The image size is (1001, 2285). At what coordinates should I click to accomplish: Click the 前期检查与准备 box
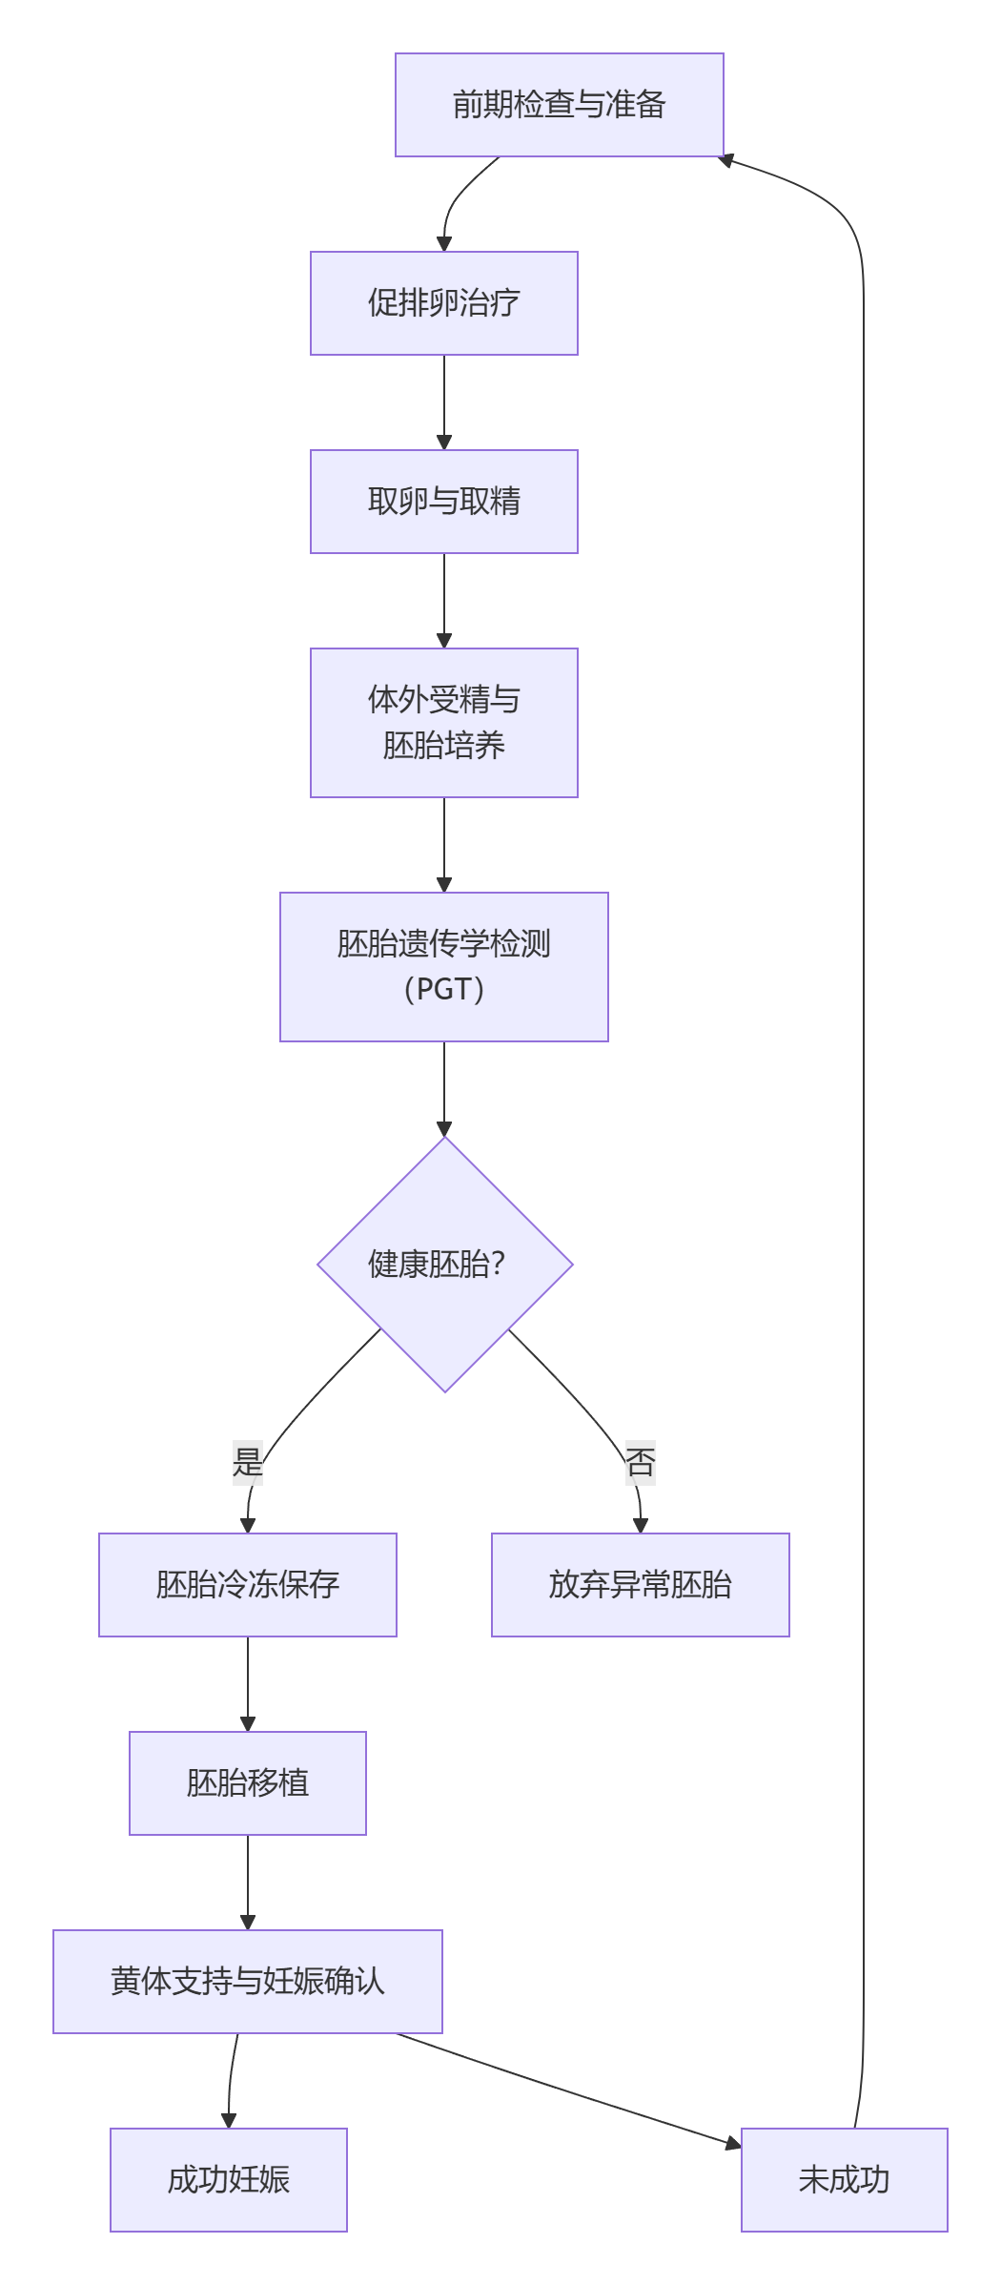point(559,105)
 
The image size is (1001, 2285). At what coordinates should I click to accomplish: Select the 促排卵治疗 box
point(443,303)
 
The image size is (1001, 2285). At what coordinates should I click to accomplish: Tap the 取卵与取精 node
point(443,502)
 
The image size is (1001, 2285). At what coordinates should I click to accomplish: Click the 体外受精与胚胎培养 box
point(443,723)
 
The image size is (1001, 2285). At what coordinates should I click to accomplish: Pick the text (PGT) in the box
point(443,989)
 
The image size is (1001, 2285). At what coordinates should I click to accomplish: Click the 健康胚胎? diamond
point(444,1265)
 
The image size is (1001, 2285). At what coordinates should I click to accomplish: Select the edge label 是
point(248,1462)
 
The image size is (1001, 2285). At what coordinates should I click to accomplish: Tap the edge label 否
point(640,1462)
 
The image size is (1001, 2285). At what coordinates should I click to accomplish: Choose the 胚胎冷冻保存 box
point(248,1585)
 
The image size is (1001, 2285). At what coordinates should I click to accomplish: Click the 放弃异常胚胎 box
point(640,1585)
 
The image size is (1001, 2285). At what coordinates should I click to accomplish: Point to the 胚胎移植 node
point(248,1783)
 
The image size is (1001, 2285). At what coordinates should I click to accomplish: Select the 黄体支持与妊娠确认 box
point(248,1982)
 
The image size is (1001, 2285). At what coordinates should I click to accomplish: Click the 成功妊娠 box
point(229,2180)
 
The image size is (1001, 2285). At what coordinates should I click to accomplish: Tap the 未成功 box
point(844,2180)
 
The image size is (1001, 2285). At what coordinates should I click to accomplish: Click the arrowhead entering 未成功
point(733,2145)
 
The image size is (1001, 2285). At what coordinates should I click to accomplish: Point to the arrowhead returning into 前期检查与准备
point(726,160)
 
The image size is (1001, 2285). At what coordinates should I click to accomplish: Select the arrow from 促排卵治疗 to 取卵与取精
point(444,401)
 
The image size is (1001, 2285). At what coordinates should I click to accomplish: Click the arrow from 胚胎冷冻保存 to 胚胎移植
point(248,1683)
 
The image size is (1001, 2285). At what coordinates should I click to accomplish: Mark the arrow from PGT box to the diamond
point(444,1087)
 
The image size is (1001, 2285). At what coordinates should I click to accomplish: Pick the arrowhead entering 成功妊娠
point(229,2120)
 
